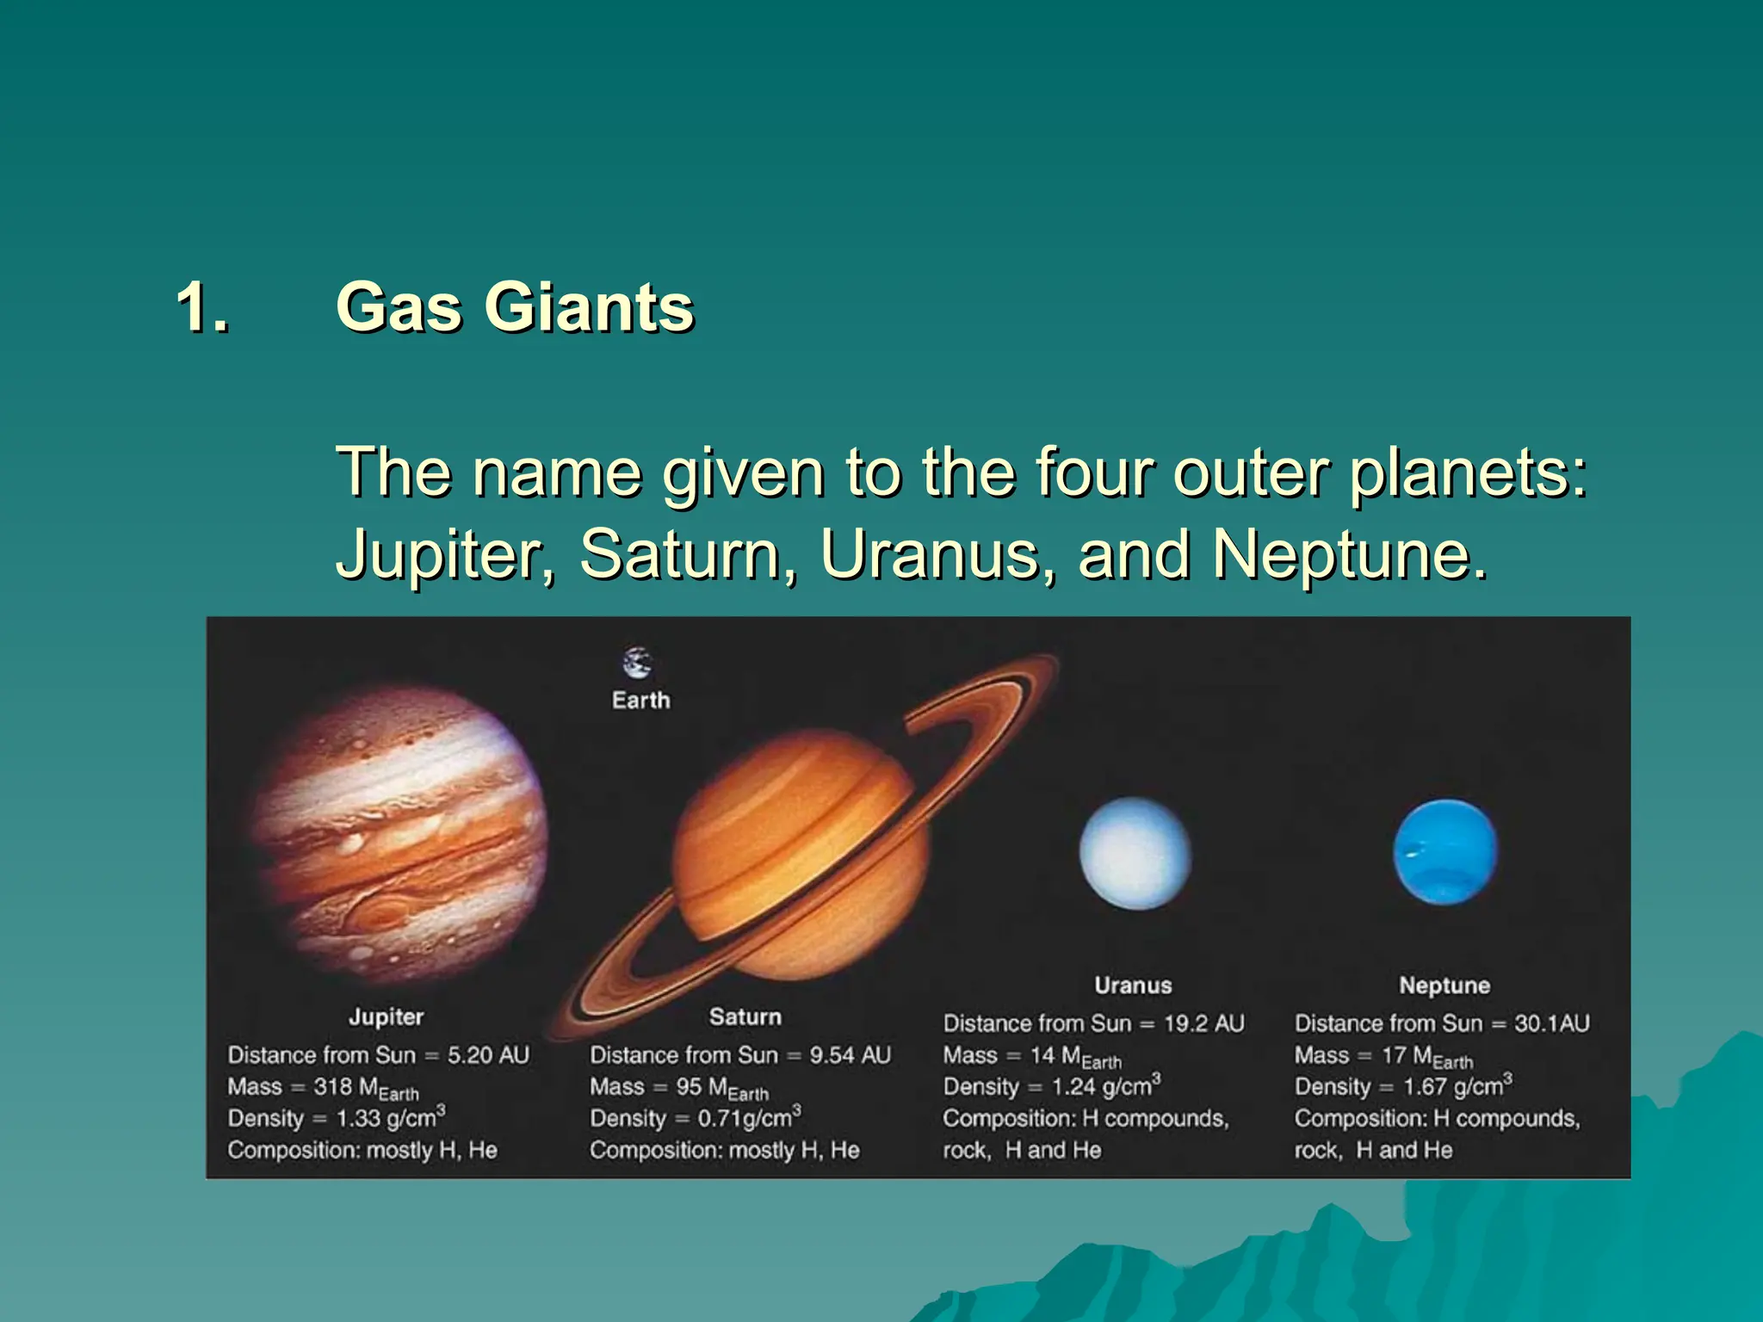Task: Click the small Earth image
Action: pyautogui.click(x=637, y=664)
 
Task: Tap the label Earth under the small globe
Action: pyautogui.click(x=640, y=701)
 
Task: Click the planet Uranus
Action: pyautogui.click(x=1135, y=853)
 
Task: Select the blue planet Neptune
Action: pyautogui.click(x=1444, y=852)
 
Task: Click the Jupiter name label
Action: pyautogui.click(x=387, y=1017)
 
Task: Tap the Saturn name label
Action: pyautogui.click(x=745, y=1017)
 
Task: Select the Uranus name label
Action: pyautogui.click(x=1133, y=985)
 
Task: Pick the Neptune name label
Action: pyautogui.click(x=1444, y=985)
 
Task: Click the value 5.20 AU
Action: pyautogui.click(x=488, y=1055)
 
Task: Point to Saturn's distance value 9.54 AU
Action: pyautogui.click(x=850, y=1055)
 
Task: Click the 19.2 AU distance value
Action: pyautogui.click(x=1203, y=1023)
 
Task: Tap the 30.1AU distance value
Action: pyautogui.click(x=1551, y=1023)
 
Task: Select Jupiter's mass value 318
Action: pyautogui.click(x=332, y=1087)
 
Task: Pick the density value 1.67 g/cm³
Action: pyautogui.click(x=1457, y=1086)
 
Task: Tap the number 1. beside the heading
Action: pyautogui.click(x=202, y=307)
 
